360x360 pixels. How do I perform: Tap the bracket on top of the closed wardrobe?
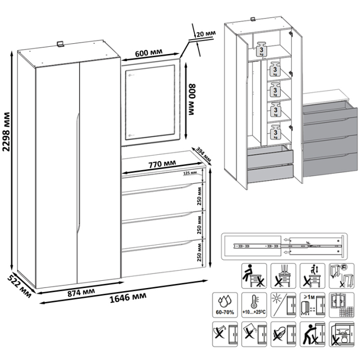(x=61, y=44)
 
